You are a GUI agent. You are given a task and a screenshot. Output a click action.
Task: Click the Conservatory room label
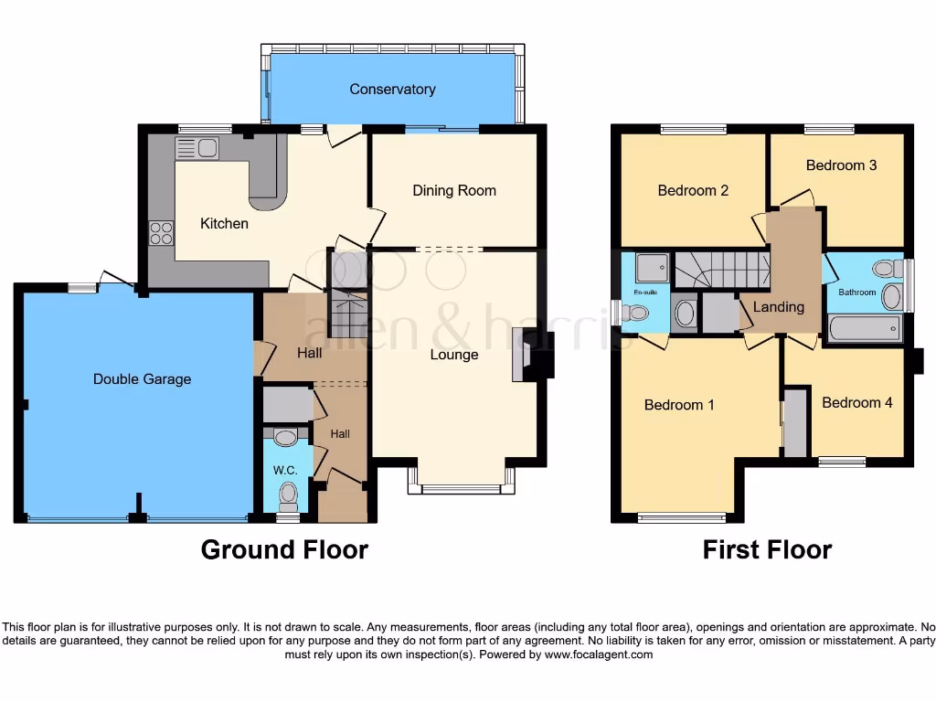point(392,90)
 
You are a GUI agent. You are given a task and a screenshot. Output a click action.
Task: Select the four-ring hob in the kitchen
point(161,234)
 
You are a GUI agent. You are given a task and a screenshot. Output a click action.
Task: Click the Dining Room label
point(454,191)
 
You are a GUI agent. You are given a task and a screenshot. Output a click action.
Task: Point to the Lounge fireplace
point(529,357)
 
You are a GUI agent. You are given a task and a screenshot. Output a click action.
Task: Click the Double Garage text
point(142,378)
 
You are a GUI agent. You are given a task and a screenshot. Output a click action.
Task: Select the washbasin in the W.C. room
point(285,438)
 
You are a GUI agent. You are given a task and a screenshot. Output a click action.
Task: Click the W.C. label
point(284,471)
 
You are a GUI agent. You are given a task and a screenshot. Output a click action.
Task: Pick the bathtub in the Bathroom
point(865,328)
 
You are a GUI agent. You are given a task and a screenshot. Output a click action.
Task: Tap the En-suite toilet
point(633,314)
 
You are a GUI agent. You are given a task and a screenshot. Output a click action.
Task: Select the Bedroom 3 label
point(841,165)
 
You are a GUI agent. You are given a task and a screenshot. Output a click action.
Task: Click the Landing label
point(779,307)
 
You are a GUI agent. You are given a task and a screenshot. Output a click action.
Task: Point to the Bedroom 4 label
point(856,403)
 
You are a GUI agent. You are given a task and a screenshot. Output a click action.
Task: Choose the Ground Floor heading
point(284,549)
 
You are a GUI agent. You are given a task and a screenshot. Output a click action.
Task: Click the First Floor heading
point(767,549)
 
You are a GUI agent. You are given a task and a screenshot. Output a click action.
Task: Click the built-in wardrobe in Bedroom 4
point(795,422)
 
